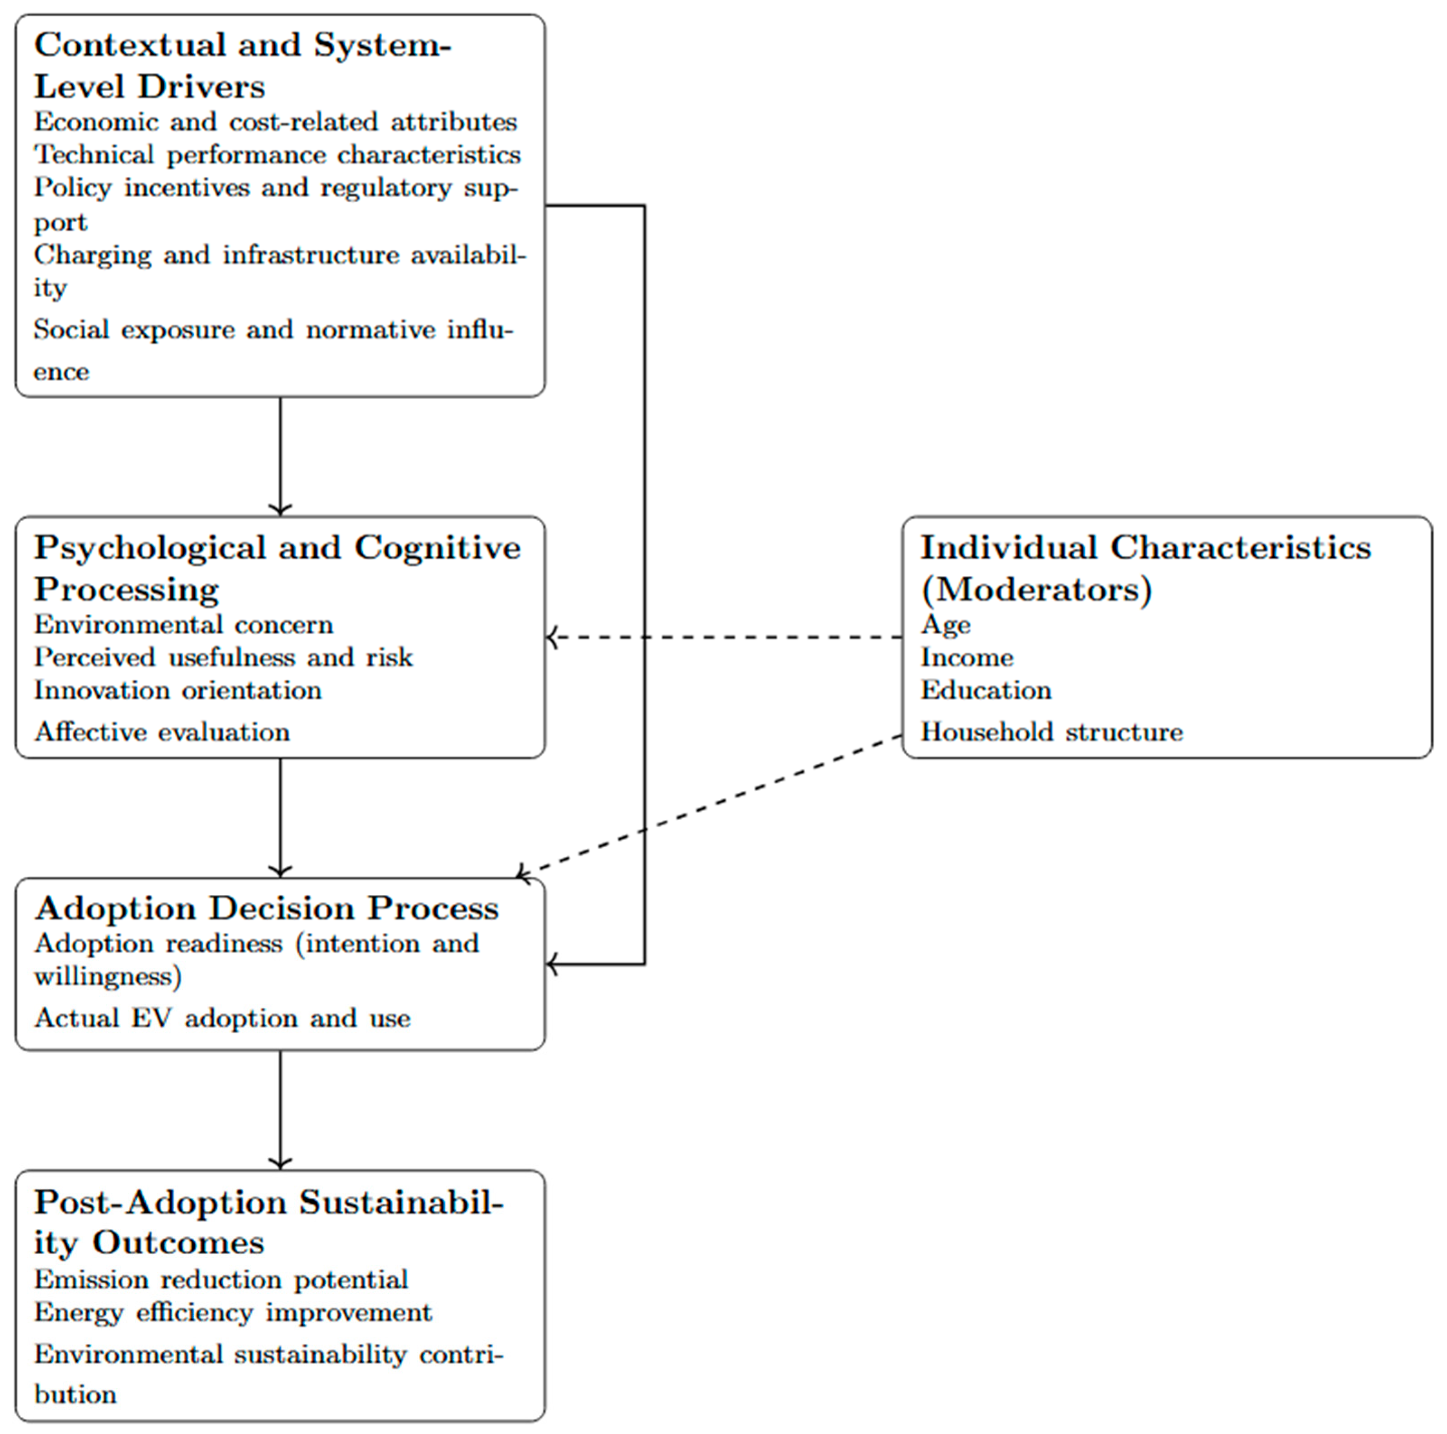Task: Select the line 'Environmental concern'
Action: coord(183,625)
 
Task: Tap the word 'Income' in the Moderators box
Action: coord(966,658)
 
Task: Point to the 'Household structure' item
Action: coord(1051,732)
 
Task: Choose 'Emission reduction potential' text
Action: coord(221,1279)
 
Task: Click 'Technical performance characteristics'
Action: coord(277,154)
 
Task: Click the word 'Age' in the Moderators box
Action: coord(945,625)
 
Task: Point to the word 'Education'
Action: coord(986,690)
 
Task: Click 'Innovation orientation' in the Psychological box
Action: coord(178,690)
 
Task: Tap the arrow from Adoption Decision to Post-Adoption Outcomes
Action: coord(280,1108)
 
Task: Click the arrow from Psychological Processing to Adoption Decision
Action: coord(280,816)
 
